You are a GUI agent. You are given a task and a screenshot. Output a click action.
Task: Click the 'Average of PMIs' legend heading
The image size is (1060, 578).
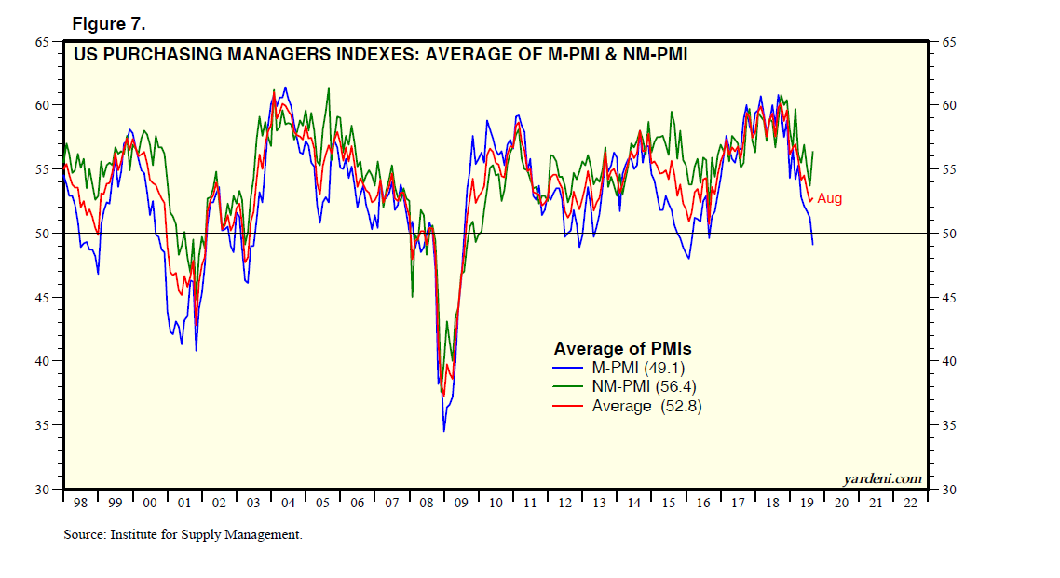click(x=623, y=349)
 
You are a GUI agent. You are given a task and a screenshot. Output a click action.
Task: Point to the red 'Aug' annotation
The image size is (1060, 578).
click(x=830, y=198)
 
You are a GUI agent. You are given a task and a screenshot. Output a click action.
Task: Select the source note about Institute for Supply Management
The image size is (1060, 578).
click(x=183, y=534)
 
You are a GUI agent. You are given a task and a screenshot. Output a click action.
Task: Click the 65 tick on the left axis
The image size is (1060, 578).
click(x=43, y=42)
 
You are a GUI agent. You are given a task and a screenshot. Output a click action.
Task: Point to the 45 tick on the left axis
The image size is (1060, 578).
click(x=43, y=298)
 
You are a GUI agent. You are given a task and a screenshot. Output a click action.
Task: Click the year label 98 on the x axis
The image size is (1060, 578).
click(x=80, y=503)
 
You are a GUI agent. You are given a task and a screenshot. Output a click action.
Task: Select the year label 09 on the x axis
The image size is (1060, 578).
click(x=460, y=503)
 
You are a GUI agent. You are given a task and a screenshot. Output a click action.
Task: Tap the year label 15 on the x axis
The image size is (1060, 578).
click(x=668, y=503)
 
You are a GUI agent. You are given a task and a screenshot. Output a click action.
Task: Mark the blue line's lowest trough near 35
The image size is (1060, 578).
click(x=444, y=430)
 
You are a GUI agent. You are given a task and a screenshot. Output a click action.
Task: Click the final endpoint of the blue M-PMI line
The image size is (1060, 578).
click(x=813, y=244)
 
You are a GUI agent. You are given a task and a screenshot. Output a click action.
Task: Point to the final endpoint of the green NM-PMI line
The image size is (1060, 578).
click(x=813, y=151)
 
